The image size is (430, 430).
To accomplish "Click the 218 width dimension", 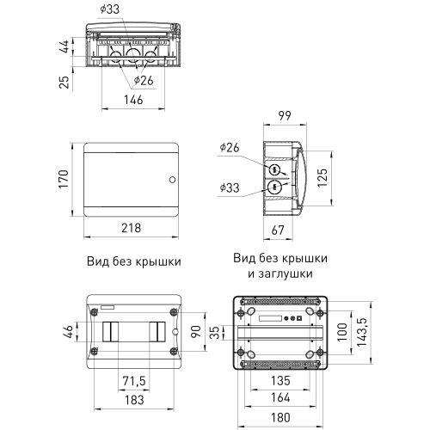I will point(130,229).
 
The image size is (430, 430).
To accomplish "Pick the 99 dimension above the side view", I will point(286,119).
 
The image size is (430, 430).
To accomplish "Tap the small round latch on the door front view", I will point(170,181).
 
